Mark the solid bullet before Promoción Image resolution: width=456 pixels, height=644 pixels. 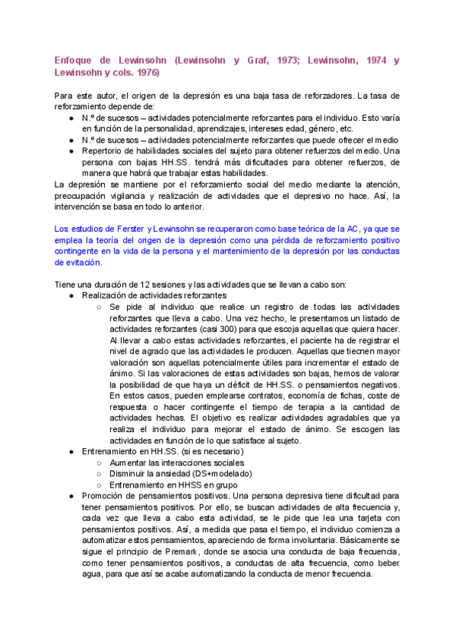pyautogui.click(x=71, y=497)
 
